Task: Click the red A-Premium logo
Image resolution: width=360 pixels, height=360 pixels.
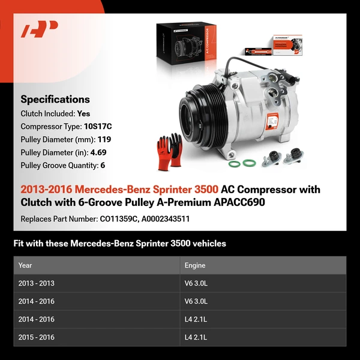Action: click(x=39, y=29)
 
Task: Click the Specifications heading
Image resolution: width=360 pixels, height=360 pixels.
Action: click(x=55, y=100)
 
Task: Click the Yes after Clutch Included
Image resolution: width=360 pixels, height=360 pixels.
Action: click(x=84, y=113)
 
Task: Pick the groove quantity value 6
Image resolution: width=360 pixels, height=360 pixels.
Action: click(x=103, y=165)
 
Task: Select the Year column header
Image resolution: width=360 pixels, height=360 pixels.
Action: click(x=25, y=265)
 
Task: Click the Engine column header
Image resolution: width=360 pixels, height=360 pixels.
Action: click(x=195, y=265)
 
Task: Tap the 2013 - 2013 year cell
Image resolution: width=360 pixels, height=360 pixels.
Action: click(x=36, y=283)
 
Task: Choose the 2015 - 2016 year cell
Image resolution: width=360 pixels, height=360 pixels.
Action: click(x=36, y=337)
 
